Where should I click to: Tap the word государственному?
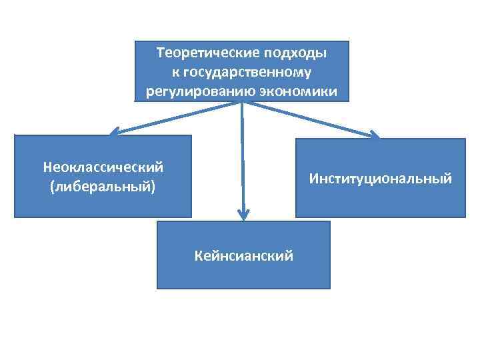click(247, 71)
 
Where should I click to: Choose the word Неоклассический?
click(103, 167)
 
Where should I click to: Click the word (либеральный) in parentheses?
click(103, 186)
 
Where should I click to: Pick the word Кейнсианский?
click(243, 255)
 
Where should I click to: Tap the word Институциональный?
click(380, 178)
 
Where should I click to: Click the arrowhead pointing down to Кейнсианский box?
click(243, 215)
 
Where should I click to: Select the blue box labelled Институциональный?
click(380, 200)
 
